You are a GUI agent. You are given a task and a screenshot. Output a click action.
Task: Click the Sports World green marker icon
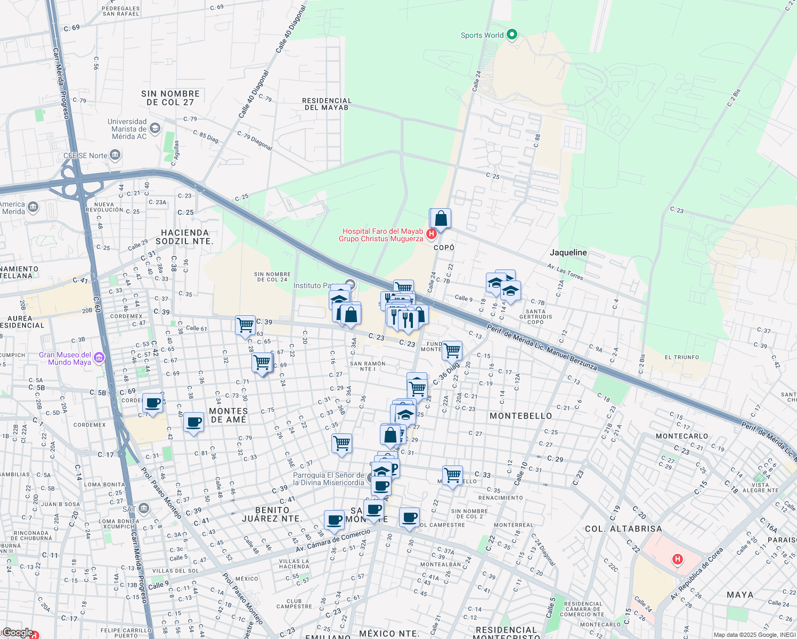point(512,35)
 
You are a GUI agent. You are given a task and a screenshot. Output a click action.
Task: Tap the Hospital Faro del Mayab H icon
point(432,234)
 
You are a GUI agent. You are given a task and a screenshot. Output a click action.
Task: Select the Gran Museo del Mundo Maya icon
point(99,358)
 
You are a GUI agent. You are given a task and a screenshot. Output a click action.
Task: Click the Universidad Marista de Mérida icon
point(155,128)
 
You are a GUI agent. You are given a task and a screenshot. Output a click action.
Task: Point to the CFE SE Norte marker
point(115,155)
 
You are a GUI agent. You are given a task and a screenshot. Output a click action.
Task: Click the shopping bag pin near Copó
point(441,219)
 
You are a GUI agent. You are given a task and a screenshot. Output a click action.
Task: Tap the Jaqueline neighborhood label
point(568,252)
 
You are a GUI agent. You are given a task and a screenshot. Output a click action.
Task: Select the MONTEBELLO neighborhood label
point(521,416)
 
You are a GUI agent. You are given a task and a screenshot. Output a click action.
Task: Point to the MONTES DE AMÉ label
point(228,415)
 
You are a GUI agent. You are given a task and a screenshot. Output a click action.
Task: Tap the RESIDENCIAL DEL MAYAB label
point(327,104)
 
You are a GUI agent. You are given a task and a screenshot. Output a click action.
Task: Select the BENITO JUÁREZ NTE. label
point(272,514)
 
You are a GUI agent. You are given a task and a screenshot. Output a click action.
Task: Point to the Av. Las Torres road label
point(565,272)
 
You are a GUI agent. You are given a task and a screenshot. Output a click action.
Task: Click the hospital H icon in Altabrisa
point(677,559)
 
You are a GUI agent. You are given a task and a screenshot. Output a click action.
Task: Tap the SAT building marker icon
point(143,509)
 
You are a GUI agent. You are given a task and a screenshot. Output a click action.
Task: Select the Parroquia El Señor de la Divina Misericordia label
point(329,479)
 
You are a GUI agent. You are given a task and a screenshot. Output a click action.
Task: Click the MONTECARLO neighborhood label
point(682,436)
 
